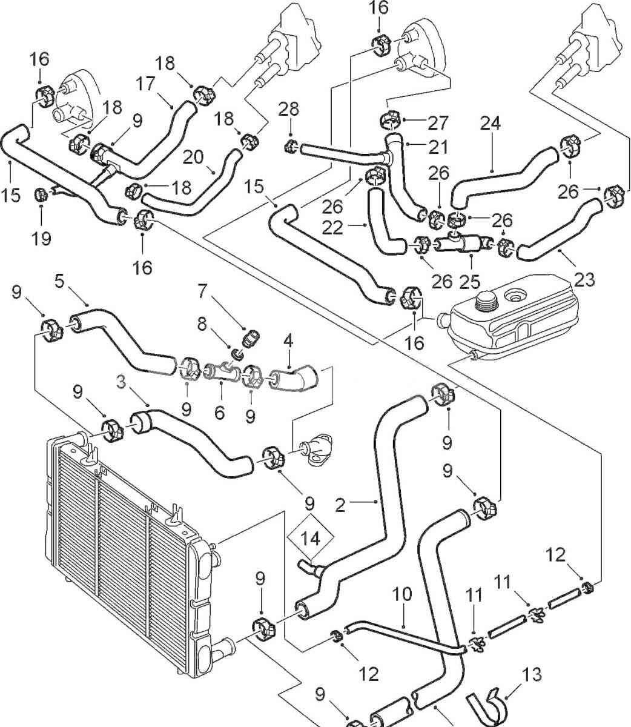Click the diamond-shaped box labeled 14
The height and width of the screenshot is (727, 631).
(x=311, y=537)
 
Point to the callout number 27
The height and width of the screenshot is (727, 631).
(x=439, y=122)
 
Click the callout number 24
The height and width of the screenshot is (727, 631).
(x=491, y=123)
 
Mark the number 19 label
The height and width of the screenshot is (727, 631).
(x=41, y=237)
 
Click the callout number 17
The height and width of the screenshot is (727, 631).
(x=145, y=83)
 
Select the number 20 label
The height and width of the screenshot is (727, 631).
(x=193, y=157)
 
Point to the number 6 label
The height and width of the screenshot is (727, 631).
(x=219, y=413)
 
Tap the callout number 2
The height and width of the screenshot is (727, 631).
(x=341, y=504)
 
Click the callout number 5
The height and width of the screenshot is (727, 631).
(x=59, y=281)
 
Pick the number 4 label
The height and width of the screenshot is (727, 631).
(x=288, y=340)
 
